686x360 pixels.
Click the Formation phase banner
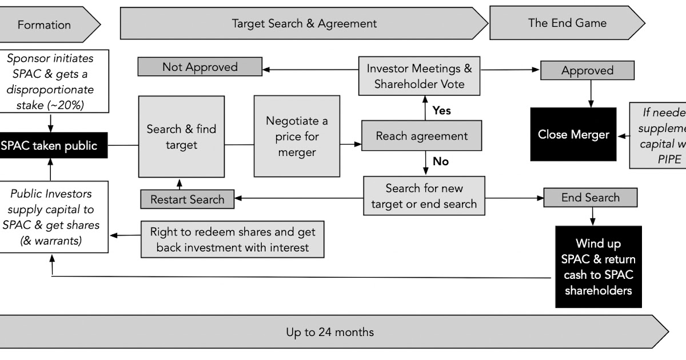[x=45, y=25]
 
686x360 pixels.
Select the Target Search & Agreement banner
[x=304, y=23]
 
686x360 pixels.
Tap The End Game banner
[x=567, y=23]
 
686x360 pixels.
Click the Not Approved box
[x=200, y=67]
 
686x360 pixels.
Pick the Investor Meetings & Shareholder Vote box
[x=420, y=76]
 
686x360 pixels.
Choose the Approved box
[x=587, y=71]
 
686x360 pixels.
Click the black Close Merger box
[x=573, y=135]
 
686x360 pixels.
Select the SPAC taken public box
[x=50, y=145]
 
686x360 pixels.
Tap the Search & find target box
[x=181, y=137]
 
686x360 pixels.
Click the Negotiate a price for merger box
[x=297, y=137]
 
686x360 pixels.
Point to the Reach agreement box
[x=421, y=136]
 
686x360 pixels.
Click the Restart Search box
[x=188, y=199]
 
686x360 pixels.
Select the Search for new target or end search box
[x=424, y=196]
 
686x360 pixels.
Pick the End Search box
[x=590, y=198]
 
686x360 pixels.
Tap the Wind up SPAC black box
[x=598, y=267]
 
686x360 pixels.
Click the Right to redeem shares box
[x=232, y=239]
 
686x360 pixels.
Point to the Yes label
[x=441, y=110]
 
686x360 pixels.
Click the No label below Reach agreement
[x=440, y=162]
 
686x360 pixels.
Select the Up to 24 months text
[x=330, y=331]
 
